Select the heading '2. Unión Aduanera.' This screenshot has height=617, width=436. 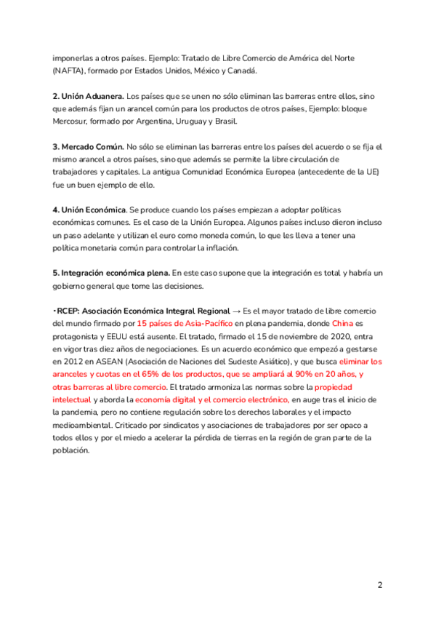tap(87, 96)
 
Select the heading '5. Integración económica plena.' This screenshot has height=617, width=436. tap(110, 272)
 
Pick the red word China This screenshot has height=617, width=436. tap(344, 323)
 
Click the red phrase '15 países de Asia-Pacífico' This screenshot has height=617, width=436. tap(184, 323)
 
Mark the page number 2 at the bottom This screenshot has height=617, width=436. tap(379, 585)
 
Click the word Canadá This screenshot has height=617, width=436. tap(242, 71)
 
